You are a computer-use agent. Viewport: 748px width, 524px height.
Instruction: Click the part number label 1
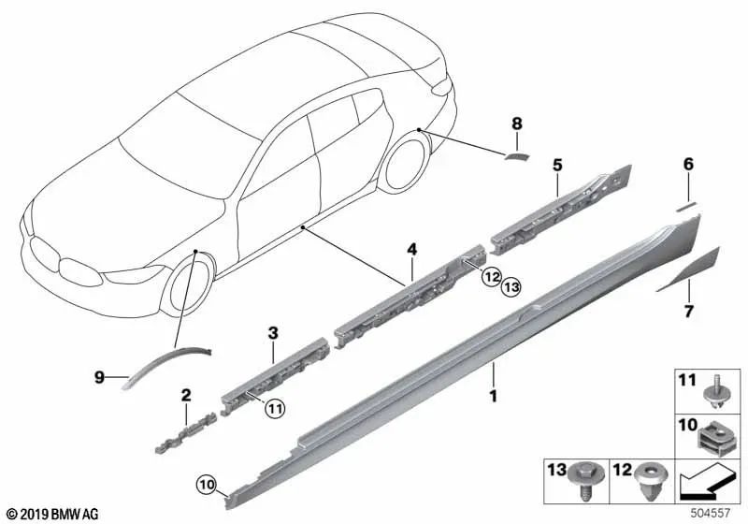(x=493, y=398)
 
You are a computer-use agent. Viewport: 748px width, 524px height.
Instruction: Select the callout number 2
(x=186, y=395)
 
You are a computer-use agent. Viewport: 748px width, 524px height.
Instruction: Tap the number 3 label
(x=272, y=332)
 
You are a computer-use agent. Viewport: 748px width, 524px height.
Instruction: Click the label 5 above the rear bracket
(x=557, y=165)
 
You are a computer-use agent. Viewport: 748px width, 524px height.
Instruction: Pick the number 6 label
(x=688, y=164)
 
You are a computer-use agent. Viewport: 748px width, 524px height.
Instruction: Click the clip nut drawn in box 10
(x=713, y=435)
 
